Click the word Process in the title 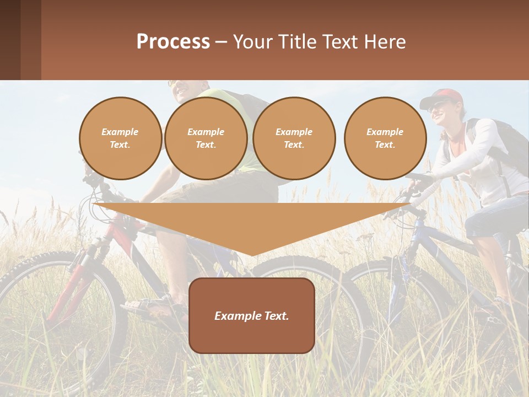tap(173, 42)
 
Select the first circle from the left tap(120, 138)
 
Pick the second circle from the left tap(206, 138)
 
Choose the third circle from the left tap(294, 138)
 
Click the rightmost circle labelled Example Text tap(385, 138)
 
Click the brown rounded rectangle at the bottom tap(252, 336)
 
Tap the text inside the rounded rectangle tap(252, 316)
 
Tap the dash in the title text tap(222, 42)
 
